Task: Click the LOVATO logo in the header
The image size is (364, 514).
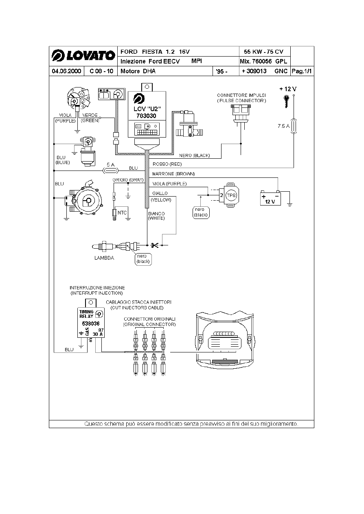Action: click(83, 55)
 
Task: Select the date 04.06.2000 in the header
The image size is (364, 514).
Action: click(66, 71)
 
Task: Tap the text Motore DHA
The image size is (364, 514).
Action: click(138, 71)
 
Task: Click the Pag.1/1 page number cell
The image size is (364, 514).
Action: click(302, 71)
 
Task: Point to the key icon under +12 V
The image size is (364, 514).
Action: click(286, 101)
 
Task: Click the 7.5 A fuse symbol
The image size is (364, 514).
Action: click(294, 126)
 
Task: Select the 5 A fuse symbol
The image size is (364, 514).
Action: click(110, 171)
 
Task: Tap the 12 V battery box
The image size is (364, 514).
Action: click(270, 198)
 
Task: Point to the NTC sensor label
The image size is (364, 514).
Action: click(122, 213)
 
